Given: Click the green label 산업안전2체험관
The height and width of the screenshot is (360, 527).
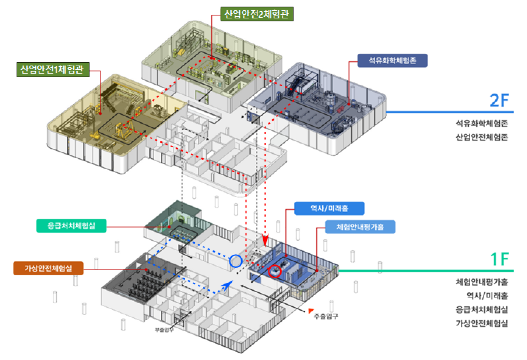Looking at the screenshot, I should point(257,14).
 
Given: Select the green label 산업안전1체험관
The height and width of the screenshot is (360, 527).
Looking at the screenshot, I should point(53,70).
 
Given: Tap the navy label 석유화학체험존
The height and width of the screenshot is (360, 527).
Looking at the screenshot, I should point(392,61).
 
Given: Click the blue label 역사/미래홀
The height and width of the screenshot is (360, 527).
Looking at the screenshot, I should point(329,208).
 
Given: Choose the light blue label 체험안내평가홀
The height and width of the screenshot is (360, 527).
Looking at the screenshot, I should point(360,227).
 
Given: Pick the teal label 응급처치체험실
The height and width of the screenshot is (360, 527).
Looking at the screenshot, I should point(71,226).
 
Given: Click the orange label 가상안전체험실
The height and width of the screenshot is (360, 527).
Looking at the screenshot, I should point(48,268).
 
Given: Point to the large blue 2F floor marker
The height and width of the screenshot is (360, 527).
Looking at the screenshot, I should point(499,100).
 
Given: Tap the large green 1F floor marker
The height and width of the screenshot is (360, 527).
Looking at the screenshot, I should point(500,259).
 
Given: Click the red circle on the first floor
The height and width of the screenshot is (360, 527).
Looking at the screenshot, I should point(275,271).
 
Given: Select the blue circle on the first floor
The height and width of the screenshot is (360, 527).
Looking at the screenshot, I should point(236,261).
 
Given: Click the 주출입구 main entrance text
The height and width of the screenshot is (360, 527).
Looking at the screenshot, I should point(326,316).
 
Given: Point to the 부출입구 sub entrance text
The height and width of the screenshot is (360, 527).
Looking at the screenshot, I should point(164,329).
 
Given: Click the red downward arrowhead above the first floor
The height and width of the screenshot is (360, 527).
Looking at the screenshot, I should point(265,240).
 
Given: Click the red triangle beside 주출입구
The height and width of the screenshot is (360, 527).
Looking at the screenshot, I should point(311,311).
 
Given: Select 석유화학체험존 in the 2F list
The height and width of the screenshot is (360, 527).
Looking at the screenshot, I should point(482,123).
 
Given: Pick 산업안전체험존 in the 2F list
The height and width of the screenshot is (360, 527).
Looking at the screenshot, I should point(482,137).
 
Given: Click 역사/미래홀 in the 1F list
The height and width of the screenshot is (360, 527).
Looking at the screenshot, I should point(487,296).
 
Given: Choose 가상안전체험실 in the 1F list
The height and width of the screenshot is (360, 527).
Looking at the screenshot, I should point(482,323).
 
